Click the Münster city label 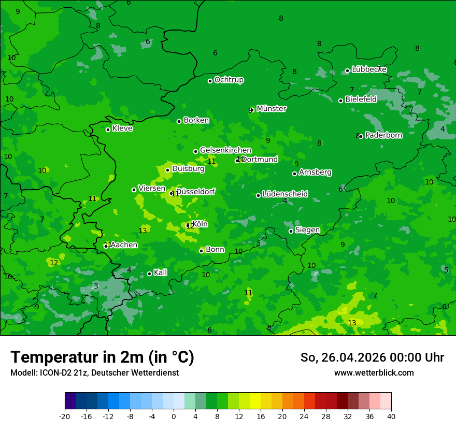(x=271, y=109)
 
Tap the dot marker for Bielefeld (x=340, y=101)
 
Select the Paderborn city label (x=383, y=135)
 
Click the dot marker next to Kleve (x=108, y=130)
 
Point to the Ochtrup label (x=229, y=80)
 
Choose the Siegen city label (x=307, y=230)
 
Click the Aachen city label (x=124, y=245)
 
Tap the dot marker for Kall (x=149, y=274)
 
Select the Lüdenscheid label (x=285, y=194)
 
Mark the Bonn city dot (x=201, y=251)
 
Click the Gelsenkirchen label (x=225, y=150)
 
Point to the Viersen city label (x=151, y=189)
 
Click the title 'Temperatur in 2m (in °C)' (x=102, y=357)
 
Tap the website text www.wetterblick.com (x=374, y=373)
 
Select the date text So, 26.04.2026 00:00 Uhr (x=372, y=357)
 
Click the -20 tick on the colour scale (x=65, y=416)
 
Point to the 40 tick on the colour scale (x=391, y=416)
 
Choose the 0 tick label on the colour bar (x=174, y=416)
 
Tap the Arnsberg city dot (x=294, y=174)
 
